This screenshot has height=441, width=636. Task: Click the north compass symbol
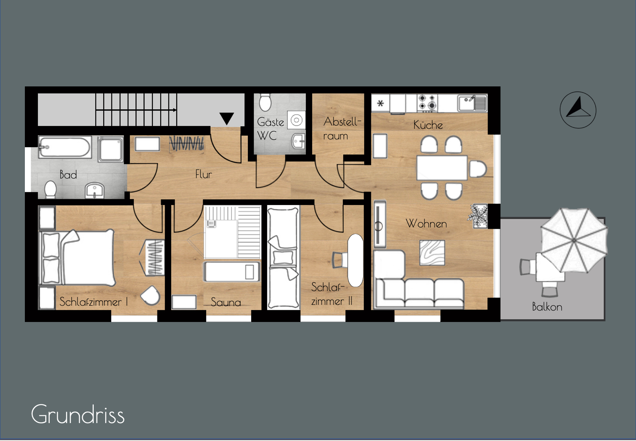pyautogui.click(x=578, y=110)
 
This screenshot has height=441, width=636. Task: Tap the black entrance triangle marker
pyautogui.click(x=227, y=118)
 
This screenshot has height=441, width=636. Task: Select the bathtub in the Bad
pyautogui.click(x=65, y=147)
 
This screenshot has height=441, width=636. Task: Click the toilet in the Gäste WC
pyautogui.click(x=265, y=102)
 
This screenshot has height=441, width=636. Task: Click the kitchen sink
pyautogui.click(x=472, y=103)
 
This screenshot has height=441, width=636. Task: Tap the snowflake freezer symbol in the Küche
pyautogui.click(x=380, y=103)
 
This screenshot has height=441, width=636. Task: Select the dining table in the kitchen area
pyautogui.click(x=442, y=168)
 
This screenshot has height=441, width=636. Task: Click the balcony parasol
pyautogui.click(x=574, y=240)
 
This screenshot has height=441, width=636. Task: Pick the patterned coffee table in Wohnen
pyautogui.click(x=432, y=253)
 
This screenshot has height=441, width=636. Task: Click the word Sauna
pyautogui.click(x=226, y=302)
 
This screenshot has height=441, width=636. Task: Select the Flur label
pyautogui.click(x=203, y=174)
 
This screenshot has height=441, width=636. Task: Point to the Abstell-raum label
pyautogui.click(x=342, y=129)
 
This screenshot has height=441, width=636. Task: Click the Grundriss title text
pyautogui.click(x=78, y=415)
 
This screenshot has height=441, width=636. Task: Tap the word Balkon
pyautogui.click(x=547, y=307)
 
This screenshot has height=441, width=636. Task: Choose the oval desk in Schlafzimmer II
pyautogui.click(x=355, y=260)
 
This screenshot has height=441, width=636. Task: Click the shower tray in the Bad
pyautogui.click(x=110, y=149)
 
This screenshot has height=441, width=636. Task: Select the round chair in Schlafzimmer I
pyautogui.click(x=150, y=295)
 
